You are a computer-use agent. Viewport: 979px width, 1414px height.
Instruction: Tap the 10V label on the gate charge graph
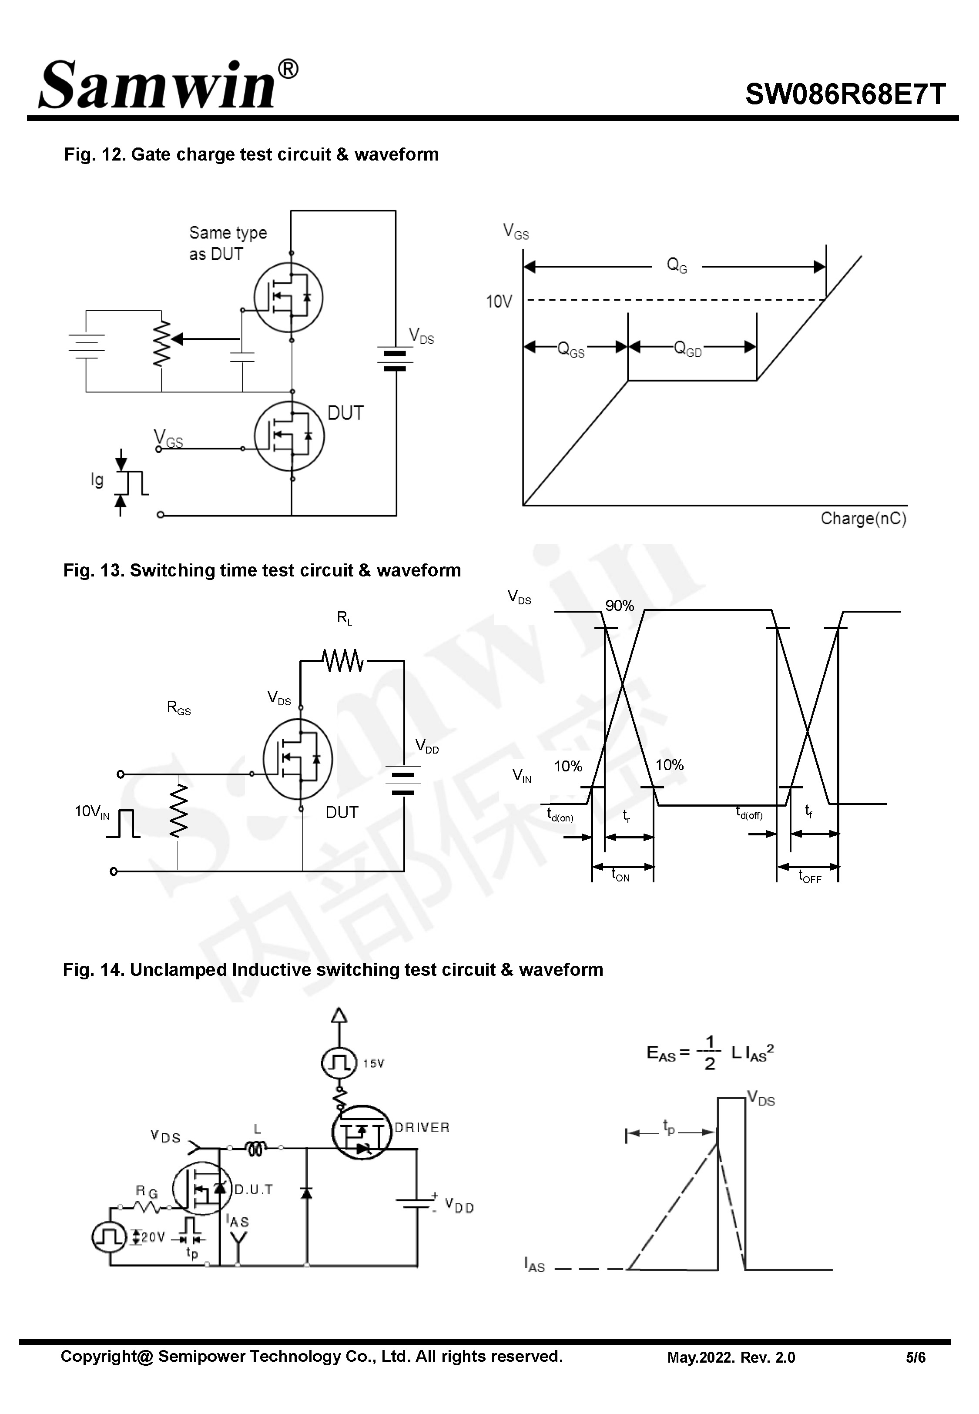coord(498,301)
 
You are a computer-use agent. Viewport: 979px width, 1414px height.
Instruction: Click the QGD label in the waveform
coord(687,348)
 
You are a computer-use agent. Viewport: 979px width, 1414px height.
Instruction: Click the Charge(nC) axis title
coord(863,518)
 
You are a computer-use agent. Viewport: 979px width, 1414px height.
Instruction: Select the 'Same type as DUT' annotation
coord(228,243)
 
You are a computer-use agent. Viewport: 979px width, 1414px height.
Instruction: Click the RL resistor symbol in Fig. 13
coord(343,660)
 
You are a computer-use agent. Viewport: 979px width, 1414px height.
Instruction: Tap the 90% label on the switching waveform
coord(620,605)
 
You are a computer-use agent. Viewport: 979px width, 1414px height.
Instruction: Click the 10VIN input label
coord(92,812)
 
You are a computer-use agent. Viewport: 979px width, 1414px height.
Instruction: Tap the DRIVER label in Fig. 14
coord(422,1127)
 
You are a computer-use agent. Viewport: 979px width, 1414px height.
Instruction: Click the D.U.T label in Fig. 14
coord(253,1190)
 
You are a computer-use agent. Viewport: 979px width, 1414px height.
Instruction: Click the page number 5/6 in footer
coord(915,1357)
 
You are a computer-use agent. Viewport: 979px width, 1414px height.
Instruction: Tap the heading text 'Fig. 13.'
coord(94,570)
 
